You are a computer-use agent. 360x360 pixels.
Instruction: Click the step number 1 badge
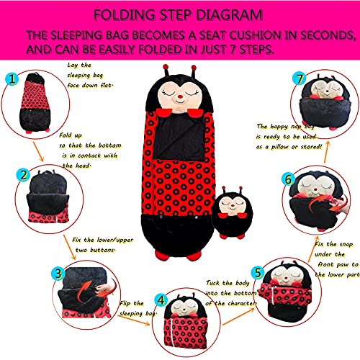pyautogui.click(x=12, y=79)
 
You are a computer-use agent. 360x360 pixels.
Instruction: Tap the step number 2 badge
pyautogui.click(x=23, y=175)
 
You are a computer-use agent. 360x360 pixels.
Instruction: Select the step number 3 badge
pyautogui.click(x=58, y=274)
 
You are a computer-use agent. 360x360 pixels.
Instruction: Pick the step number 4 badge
pyautogui.click(x=161, y=300)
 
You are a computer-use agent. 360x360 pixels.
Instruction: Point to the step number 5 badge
pyautogui.click(x=258, y=273)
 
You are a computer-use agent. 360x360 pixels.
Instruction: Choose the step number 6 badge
pyautogui.click(x=288, y=179)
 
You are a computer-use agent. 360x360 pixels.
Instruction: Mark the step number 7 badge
pyautogui.click(x=300, y=78)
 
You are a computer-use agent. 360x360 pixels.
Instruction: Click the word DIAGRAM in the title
pyautogui.click(x=229, y=15)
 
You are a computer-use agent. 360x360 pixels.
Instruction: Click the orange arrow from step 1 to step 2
pyautogui.click(x=38, y=151)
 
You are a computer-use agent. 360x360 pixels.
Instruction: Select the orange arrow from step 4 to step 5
pyautogui.click(x=238, y=317)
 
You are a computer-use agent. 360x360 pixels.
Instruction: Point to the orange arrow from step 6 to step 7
pyautogui.click(x=327, y=152)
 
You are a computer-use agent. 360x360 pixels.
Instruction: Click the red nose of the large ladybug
pyautogui.click(x=180, y=97)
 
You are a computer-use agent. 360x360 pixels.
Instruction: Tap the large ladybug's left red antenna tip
pyautogui.click(x=166, y=67)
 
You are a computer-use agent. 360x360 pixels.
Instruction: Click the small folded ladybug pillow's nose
pyautogui.click(x=233, y=206)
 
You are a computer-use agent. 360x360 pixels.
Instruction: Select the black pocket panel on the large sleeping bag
pyautogui.click(x=179, y=138)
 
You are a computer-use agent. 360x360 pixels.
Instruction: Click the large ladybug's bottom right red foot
pyautogui.click(x=194, y=256)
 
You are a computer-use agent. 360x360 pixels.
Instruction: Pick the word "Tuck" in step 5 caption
pyautogui.click(x=212, y=283)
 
